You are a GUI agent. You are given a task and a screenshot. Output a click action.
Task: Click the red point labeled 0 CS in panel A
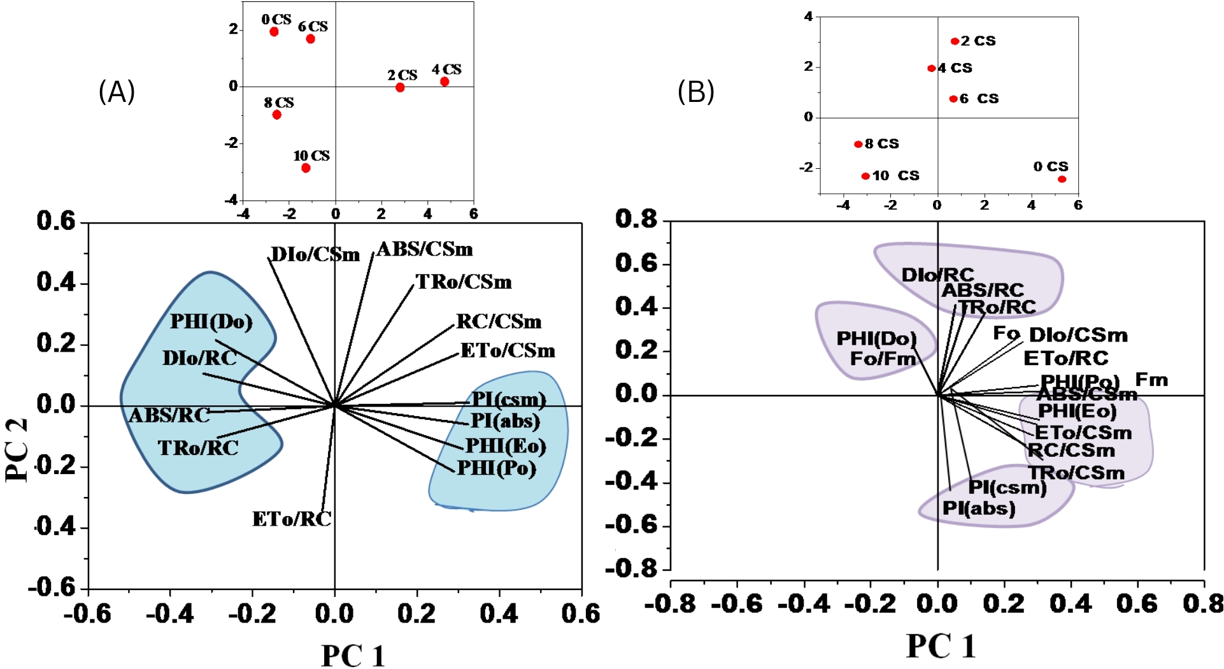pos(274,32)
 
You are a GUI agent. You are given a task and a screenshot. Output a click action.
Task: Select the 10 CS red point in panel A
pos(306,168)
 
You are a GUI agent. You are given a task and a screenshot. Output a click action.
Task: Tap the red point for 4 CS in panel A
pos(445,82)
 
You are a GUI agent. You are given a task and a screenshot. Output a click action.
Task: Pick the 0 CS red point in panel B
pos(1062,179)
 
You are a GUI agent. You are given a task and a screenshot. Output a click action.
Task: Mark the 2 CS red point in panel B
pos(955,41)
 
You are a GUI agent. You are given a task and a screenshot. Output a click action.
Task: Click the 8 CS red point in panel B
pos(858,145)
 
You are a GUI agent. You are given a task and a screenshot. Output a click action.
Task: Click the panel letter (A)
pos(117,92)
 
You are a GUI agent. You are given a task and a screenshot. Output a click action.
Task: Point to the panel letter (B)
pos(695,92)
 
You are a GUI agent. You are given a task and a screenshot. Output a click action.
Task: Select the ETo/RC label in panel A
pos(292,519)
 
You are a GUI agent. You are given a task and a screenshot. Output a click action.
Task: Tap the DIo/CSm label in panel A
pos(315,255)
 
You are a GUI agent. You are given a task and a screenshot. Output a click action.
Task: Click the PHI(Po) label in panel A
pos(497,468)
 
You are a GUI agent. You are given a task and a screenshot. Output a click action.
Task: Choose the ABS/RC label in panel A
pos(169,415)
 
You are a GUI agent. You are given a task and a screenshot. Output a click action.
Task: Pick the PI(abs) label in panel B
pos(979,508)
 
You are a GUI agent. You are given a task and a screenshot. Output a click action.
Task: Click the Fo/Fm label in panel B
pos(883,359)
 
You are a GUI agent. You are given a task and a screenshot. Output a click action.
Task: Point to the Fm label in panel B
pos(1151,380)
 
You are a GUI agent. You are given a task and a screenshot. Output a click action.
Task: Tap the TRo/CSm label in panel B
pos(1076,473)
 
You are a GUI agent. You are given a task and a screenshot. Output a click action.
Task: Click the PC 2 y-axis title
pos(18,449)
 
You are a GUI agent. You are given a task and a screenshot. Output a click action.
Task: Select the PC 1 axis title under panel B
pos(941,646)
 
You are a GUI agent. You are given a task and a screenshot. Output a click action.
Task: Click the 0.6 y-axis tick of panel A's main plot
pos(56,221)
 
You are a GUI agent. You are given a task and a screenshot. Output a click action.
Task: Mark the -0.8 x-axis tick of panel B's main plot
pos(670,603)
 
